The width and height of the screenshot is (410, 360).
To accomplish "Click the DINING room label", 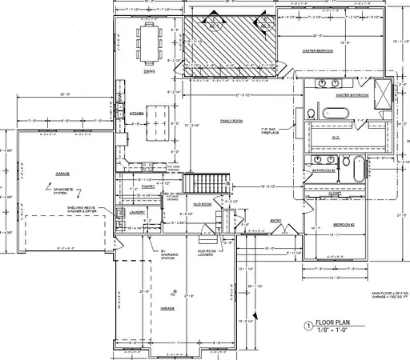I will coord(149,71).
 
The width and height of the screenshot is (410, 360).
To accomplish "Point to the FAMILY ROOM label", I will coord(231,121).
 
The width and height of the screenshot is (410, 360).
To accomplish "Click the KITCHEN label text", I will coord(137,113).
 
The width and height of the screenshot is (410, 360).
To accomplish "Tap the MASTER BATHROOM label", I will coord(352,94).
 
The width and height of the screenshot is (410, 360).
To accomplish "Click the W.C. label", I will coord(336,138).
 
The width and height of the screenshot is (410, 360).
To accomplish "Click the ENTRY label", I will coord(276,221).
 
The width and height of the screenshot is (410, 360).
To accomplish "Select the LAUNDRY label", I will coord(136,213).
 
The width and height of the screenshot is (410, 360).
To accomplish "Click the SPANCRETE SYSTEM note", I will coord(66,191).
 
